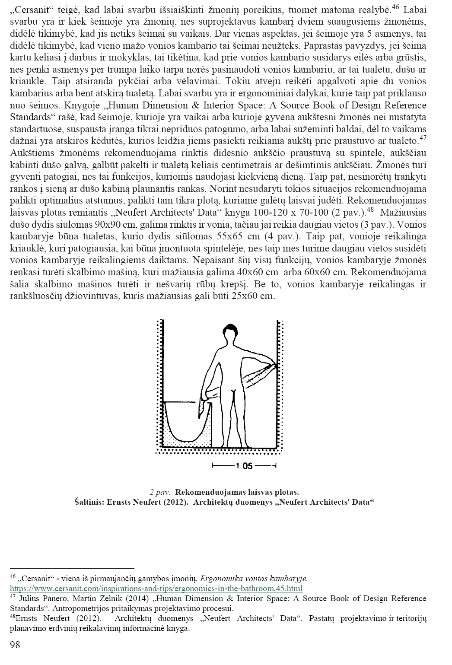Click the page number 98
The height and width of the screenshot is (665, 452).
pyautogui.click(x=15, y=646)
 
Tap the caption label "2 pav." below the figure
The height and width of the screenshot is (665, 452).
pyautogui.click(x=159, y=492)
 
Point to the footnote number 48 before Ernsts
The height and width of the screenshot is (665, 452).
pyautogui.click(x=13, y=617)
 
